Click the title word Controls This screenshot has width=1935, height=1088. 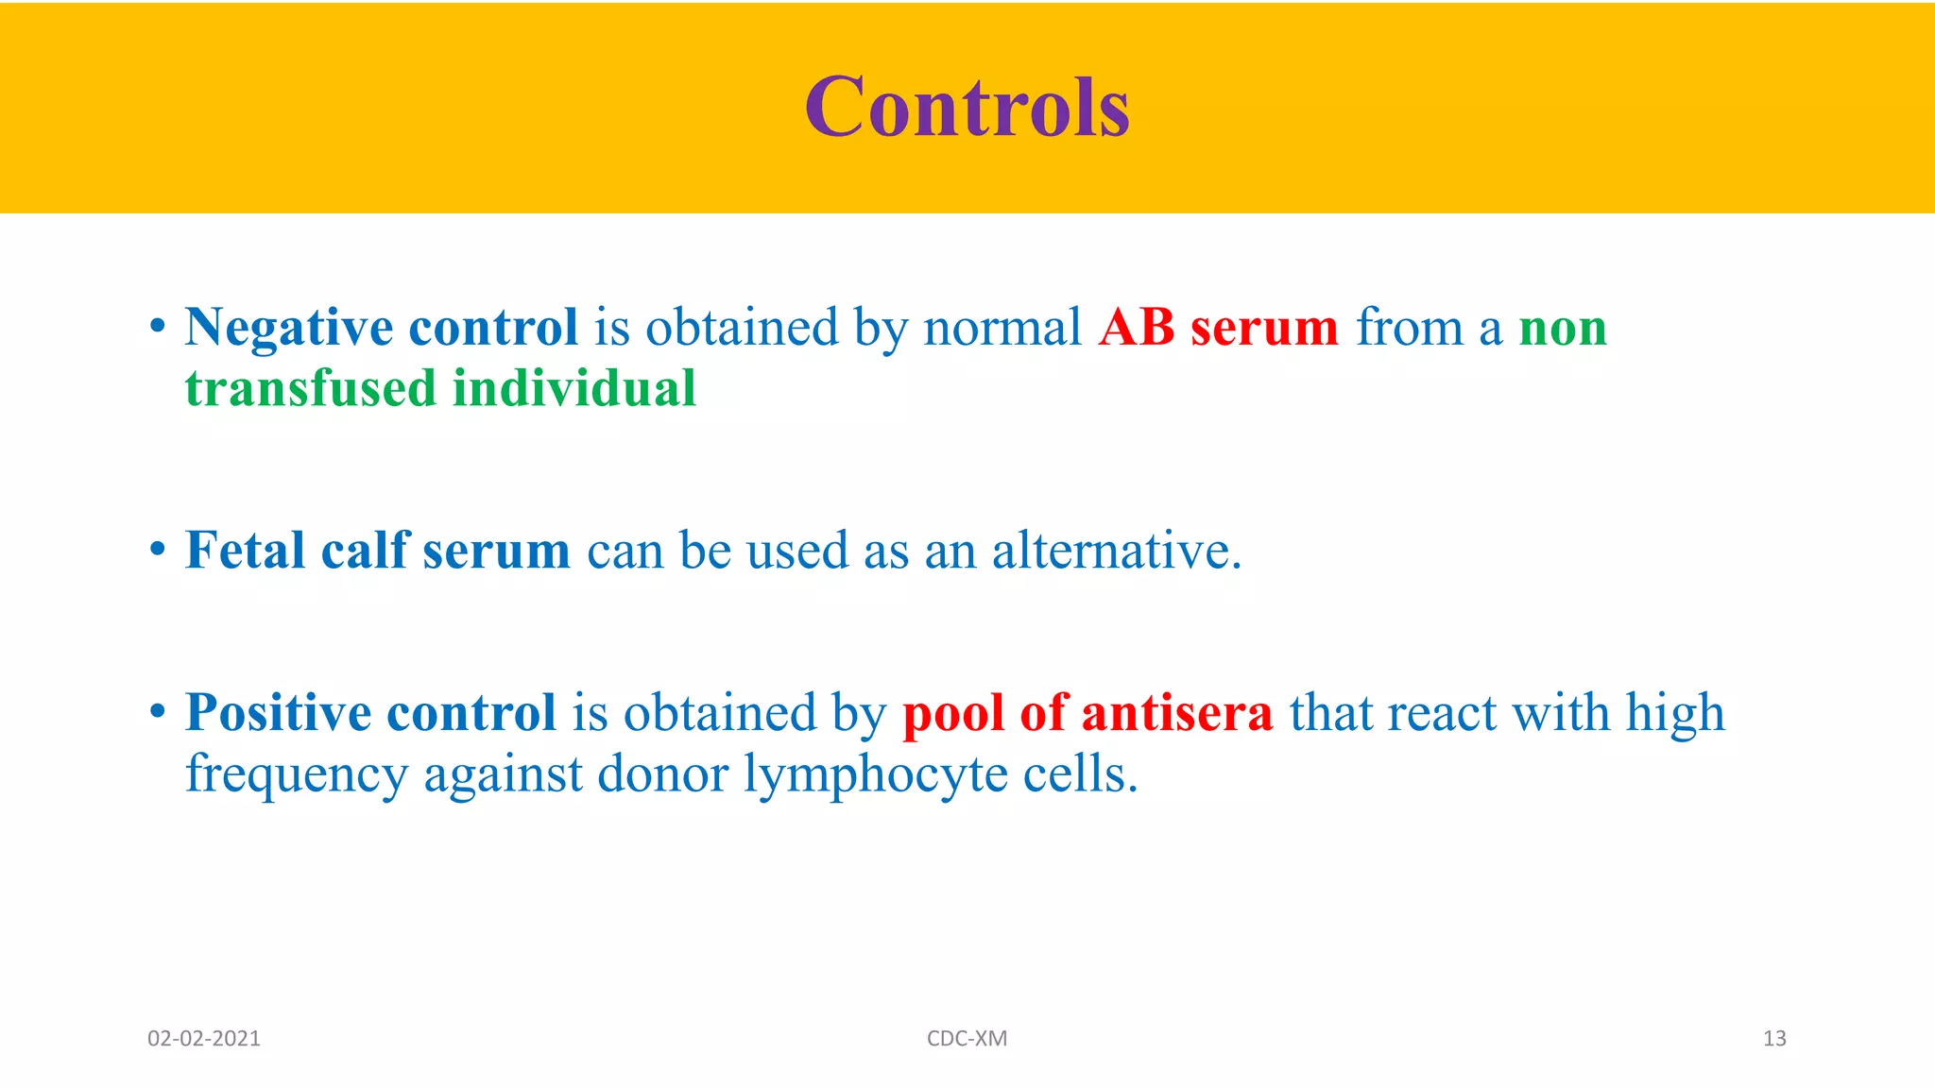967,107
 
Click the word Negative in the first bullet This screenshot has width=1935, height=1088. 288,329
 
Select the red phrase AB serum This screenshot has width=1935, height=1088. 1218,328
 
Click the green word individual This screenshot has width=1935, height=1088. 574,388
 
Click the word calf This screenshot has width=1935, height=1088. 365,550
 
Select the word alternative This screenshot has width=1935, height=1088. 1115,551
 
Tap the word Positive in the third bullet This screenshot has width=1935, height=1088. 278,712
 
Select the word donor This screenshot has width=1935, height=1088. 662,774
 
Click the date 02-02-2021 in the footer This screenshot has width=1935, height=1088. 204,1039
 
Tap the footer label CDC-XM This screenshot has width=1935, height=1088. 967,1039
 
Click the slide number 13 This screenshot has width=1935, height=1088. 1773,1039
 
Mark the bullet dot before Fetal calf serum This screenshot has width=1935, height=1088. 158,550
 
